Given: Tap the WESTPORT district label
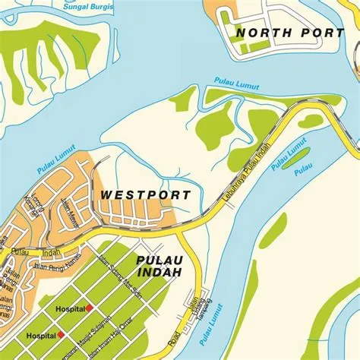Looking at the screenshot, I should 146,195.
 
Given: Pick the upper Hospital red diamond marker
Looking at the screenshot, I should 89,308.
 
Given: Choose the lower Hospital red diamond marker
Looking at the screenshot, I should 62,335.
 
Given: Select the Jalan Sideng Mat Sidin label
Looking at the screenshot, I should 125,286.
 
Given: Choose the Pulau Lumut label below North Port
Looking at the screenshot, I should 232,80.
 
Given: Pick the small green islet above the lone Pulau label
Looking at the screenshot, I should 297,162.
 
